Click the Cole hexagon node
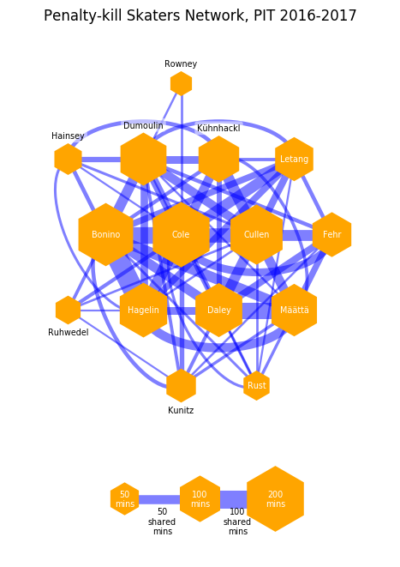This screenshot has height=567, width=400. [181, 234]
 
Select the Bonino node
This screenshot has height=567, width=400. [105, 234]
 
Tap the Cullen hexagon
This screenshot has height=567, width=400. [256, 234]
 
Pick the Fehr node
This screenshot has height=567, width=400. [331, 234]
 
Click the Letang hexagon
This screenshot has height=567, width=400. [295, 159]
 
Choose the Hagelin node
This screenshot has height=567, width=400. [143, 310]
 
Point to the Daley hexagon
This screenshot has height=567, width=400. [218, 310]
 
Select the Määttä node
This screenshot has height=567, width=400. [295, 310]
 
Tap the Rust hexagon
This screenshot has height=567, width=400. [256, 385]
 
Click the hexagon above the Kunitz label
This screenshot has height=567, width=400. [181, 385]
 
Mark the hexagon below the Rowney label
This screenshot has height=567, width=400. [181, 83]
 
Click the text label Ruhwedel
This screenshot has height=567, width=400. [69, 332]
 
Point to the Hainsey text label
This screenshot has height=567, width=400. [68, 136]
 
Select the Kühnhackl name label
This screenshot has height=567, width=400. [218, 128]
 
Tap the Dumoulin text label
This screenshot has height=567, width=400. [143, 125]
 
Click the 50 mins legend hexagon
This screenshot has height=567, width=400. [124, 498]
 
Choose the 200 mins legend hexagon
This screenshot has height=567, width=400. [275, 498]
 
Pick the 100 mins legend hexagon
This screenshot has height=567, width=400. [200, 498]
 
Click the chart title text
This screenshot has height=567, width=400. [200, 15]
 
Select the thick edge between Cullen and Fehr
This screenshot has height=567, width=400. [297, 235]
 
